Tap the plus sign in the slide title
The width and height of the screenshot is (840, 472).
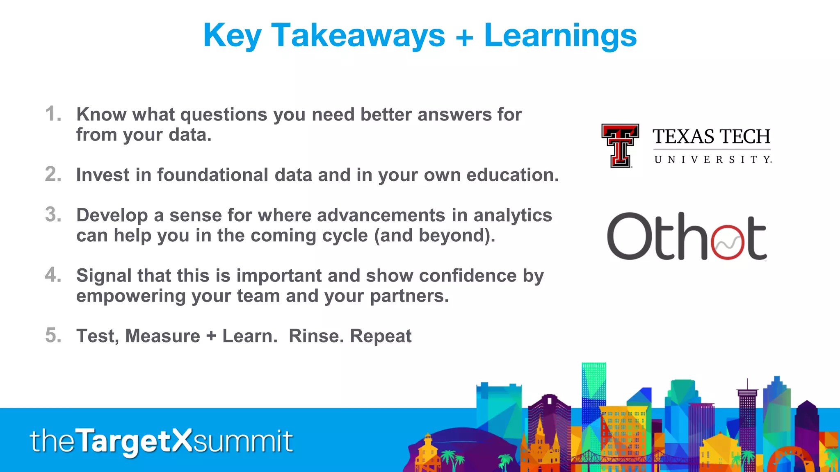point(464,37)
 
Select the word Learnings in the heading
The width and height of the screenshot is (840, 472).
point(560,36)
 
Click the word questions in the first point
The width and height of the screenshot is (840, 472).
point(224,115)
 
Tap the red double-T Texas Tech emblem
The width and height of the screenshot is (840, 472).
point(620,145)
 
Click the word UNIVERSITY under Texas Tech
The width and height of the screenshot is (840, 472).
point(713,159)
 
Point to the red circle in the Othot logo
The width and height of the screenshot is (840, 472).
point(728,242)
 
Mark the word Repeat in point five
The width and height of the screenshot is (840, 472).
point(381,336)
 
